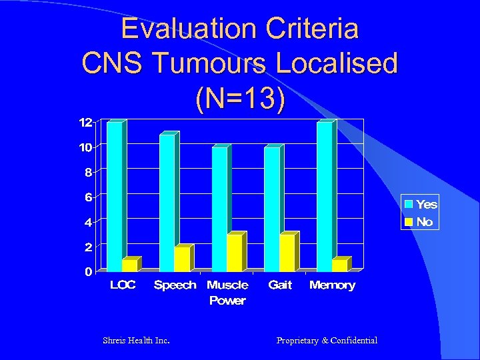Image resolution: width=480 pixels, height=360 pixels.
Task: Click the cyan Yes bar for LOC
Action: pyautogui.click(x=115, y=197)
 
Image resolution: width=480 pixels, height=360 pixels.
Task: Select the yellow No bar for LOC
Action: pyautogui.click(x=129, y=265)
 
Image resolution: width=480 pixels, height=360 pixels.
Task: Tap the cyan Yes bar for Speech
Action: pyautogui.click(x=167, y=203)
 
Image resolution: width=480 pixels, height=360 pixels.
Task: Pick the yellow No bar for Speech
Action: pyautogui.click(x=181, y=259)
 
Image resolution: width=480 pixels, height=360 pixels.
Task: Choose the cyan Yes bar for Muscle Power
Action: pyautogui.click(x=219, y=209)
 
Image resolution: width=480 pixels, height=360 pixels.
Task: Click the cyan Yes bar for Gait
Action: pyautogui.click(x=272, y=209)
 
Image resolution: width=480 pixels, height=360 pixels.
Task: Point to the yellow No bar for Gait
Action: pyautogui.click(x=287, y=253)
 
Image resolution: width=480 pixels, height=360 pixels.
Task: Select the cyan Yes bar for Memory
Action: pyautogui.click(x=325, y=197)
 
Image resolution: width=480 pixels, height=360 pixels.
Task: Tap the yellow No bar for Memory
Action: pyautogui.click(x=339, y=265)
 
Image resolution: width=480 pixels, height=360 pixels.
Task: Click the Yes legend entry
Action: pyautogui.click(x=420, y=205)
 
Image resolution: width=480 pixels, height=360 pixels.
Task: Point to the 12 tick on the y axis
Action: pyautogui.click(x=85, y=123)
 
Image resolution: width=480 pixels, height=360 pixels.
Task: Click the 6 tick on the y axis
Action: pyautogui.click(x=87, y=197)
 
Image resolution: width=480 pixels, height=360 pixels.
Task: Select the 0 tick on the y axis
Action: pyautogui.click(x=88, y=272)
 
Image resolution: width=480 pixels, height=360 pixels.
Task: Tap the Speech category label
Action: pyautogui.click(x=175, y=285)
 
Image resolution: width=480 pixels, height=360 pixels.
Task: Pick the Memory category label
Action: pyautogui.click(x=332, y=285)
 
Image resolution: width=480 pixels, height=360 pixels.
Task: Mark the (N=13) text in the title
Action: pyautogui.click(x=239, y=98)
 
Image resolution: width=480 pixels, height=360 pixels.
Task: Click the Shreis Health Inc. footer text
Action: pyautogui.click(x=136, y=341)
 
